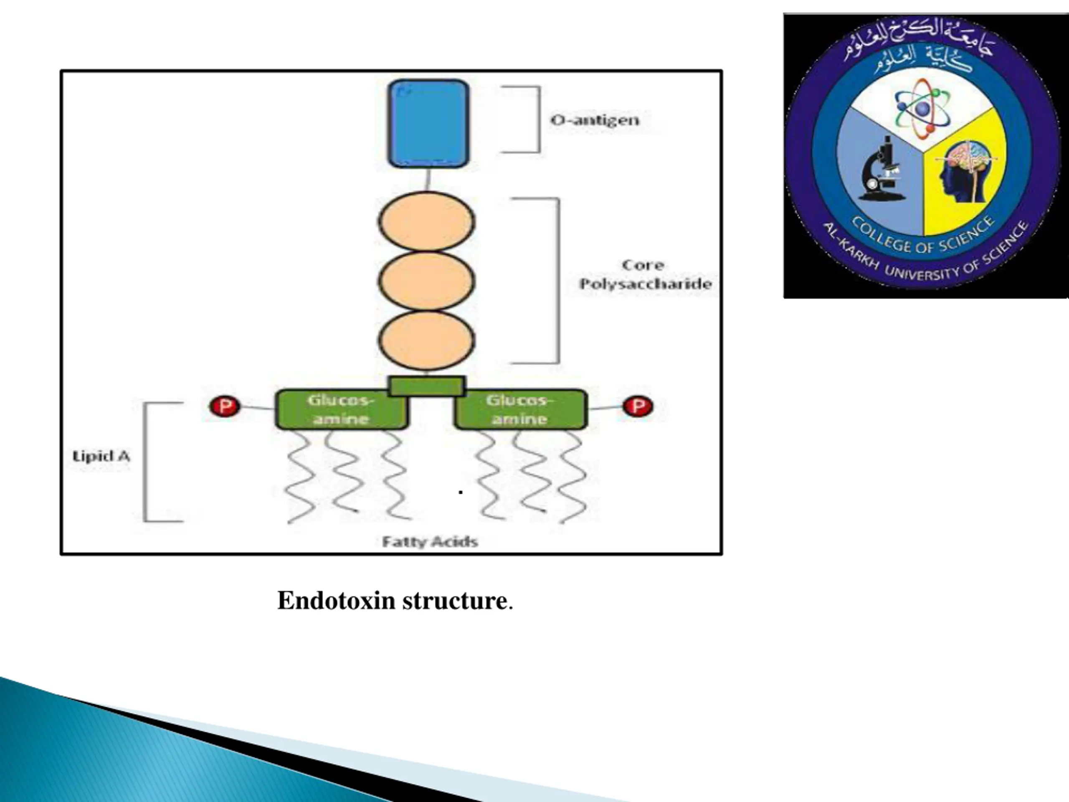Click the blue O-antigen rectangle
coord(428,123)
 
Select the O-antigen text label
coord(595,120)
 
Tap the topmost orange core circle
coord(426,221)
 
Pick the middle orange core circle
coord(426,281)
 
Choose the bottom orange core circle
coord(426,340)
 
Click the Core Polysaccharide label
coord(645,274)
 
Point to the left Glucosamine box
coord(341,409)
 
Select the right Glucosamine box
coord(520,409)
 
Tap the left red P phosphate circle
coord(224,406)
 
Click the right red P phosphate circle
coord(638,406)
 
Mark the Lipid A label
coord(101,456)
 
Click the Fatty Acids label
coord(430,541)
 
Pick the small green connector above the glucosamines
coord(426,386)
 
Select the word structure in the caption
coord(455,601)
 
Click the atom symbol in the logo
coord(922,107)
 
